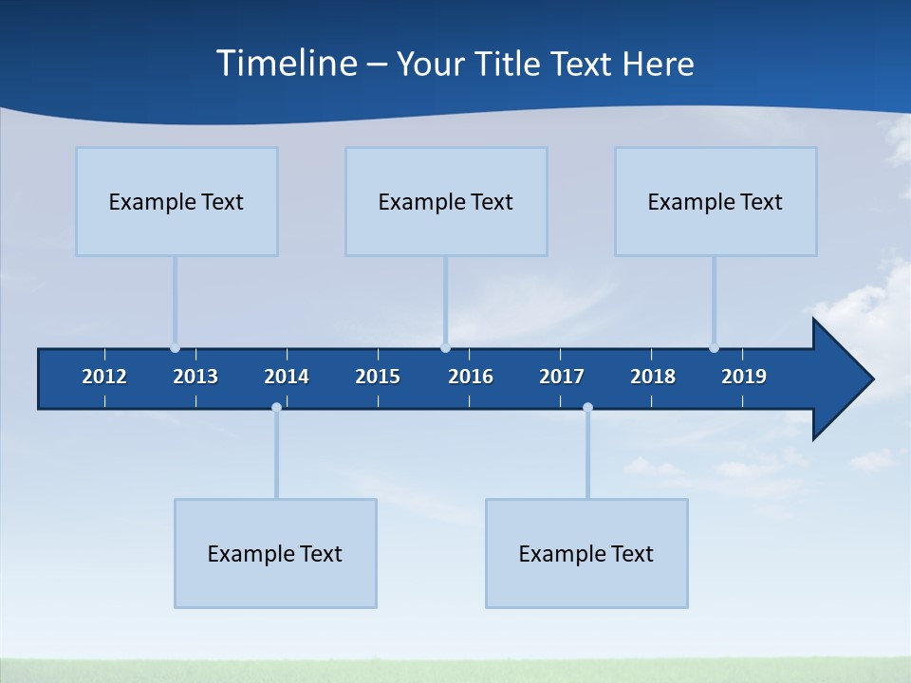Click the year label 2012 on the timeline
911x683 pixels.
(x=104, y=377)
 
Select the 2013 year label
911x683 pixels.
(x=195, y=377)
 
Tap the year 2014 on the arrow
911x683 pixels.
(x=287, y=377)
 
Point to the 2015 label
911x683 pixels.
(x=378, y=377)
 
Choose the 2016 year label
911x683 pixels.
(x=471, y=377)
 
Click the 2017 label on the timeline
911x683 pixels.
(x=562, y=377)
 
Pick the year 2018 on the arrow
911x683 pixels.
(x=653, y=377)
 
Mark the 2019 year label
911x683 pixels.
(x=744, y=377)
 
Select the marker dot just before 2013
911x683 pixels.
(x=175, y=348)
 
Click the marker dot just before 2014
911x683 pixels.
(x=276, y=407)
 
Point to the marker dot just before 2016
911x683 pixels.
(x=445, y=348)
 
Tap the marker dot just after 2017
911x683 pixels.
(x=587, y=407)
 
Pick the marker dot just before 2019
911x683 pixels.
(x=714, y=348)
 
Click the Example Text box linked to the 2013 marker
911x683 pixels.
(x=177, y=201)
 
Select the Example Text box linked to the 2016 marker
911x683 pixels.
(x=446, y=201)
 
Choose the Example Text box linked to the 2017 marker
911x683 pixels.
(x=586, y=553)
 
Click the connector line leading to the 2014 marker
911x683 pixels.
(x=276, y=453)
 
